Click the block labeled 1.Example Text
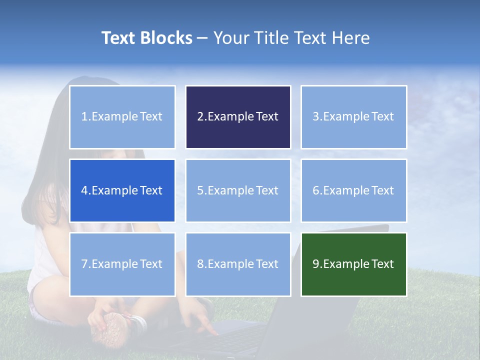(122, 117)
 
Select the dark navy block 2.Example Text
(238, 117)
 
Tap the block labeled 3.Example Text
(353, 117)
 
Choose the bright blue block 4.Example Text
(122, 190)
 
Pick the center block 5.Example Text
(238, 190)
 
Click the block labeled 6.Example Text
(353, 190)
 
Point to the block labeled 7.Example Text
(122, 264)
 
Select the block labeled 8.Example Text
(238, 264)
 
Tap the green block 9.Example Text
(353, 264)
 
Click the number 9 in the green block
(316, 264)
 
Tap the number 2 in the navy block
(200, 117)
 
